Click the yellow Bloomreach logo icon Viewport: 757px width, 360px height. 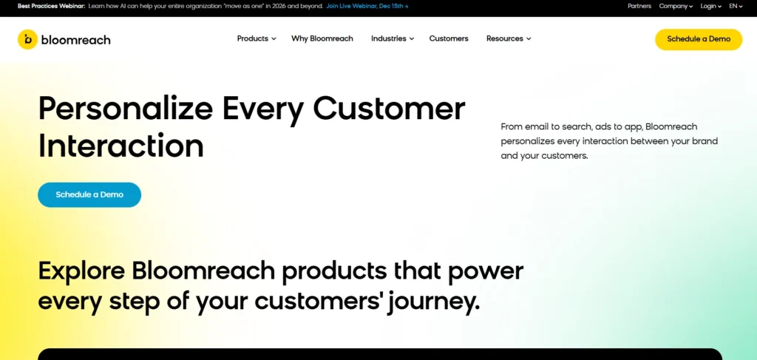(27, 39)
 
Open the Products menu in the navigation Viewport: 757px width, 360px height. (256, 38)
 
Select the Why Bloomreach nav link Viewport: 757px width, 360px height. (322, 38)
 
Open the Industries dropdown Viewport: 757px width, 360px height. (392, 38)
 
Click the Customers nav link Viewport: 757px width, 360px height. (449, 38)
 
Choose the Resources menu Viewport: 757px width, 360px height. (508, 38)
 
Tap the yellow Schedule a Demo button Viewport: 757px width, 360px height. (698, 39)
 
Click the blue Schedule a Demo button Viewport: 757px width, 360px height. (89, 194)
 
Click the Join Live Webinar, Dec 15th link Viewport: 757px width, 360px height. (367, 6)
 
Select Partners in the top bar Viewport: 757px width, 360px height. (639, 6)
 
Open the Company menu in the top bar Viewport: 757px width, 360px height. (676, 6)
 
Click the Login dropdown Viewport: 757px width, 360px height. (710, 6)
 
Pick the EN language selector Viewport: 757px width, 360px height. (736, 6)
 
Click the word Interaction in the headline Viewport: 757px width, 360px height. (121, 146)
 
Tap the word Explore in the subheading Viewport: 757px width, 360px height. (81, 271)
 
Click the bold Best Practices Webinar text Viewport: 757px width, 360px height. (50, 6)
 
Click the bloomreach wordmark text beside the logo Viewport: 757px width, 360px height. (76, 40)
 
